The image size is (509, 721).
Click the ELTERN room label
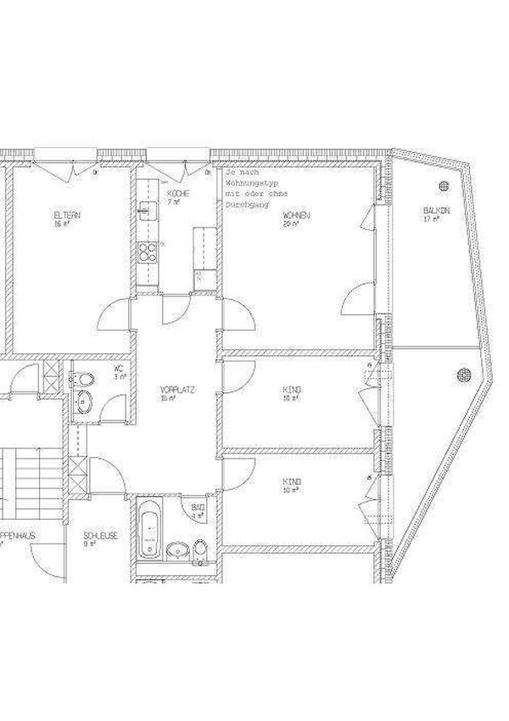[67, 216]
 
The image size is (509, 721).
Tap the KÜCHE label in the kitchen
[177, 194]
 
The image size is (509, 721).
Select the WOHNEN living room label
[296, 216]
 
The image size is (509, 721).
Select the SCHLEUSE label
[100, 536]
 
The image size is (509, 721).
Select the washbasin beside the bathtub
[178, 547]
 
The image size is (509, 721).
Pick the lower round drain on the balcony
[463, 373]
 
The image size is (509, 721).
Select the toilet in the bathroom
[199, 548]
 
